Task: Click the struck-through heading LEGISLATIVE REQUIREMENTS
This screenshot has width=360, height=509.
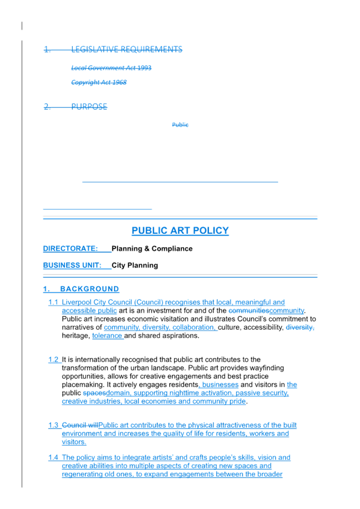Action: tap(127, 49)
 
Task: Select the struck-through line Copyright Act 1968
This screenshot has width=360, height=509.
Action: tap(99, 83)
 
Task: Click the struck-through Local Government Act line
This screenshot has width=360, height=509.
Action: tap(111, 68)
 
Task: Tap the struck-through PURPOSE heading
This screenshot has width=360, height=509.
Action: tap(89, 106)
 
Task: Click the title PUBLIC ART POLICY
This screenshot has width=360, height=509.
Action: tap(180, 231)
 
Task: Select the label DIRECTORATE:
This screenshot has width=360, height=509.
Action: tap(70, 249)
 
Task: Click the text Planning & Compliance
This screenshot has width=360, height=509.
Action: tap(152, 249)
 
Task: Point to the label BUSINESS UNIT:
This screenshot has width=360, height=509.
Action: tap(72, 265)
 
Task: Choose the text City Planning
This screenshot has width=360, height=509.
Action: tap(135, 265)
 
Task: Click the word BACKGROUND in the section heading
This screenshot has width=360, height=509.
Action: tap(89, 289)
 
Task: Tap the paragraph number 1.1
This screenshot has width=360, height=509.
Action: tap(53, 302)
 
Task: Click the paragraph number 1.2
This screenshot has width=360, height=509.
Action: tap(53, 360)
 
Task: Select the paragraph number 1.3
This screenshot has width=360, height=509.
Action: tap(53, 425)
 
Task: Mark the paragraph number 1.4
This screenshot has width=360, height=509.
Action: tap(53, 458)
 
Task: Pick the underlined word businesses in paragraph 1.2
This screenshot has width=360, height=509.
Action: tap(220, 384)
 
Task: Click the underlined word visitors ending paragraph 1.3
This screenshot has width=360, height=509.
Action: tap(74, 442)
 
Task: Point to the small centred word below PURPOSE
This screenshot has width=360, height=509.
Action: tap(180, 125)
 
